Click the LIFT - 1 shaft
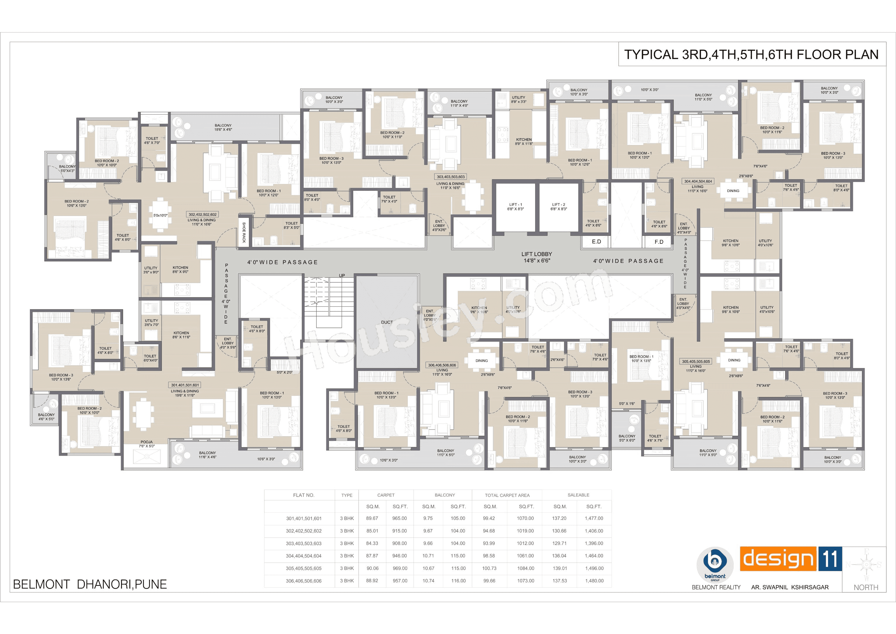515,207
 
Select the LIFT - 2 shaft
559,207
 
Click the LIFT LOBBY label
537,254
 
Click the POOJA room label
147,442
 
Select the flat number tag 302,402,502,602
202,215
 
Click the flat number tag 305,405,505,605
696,362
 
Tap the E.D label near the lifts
596,242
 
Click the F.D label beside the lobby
659,242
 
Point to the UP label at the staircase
342,276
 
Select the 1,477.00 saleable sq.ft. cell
593,519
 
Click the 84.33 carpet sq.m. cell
372,543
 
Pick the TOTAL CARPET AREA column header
507,495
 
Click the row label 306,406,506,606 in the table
304,581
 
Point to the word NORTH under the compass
866,587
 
